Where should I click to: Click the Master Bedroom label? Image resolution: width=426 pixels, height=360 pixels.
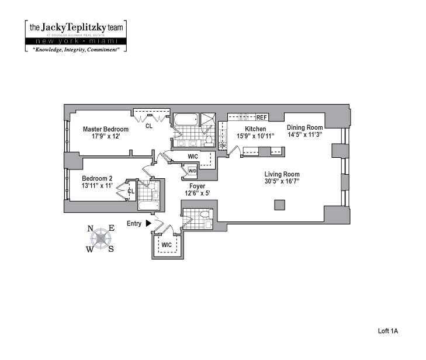pos(105,129)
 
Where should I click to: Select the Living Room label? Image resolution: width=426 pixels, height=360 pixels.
pos(282,174)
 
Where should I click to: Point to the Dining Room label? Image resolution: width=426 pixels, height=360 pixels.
pos(304,127)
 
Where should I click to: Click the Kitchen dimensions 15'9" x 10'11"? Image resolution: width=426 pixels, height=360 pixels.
pos(255,136)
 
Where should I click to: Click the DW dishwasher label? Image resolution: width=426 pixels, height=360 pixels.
pos(223,146)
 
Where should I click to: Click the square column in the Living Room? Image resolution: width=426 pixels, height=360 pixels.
pos(280,205)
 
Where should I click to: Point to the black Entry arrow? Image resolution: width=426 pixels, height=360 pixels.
pos(148,223)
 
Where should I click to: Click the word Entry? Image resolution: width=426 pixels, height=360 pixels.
pos(134,223)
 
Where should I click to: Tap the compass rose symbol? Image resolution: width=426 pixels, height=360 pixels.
pos(102,238)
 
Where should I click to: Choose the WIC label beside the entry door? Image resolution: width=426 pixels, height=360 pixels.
pos(167,244)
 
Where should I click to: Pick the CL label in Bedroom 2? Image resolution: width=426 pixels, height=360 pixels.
pos(131,191)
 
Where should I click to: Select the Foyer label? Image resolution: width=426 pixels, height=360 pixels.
pos(197,186)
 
